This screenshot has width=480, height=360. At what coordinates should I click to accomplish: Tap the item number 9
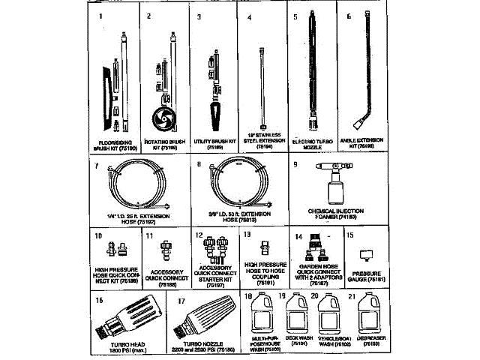pos(295,163)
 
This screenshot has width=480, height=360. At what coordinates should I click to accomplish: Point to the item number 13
pos(246,235)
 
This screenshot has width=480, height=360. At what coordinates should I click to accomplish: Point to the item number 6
pos(349,15)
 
